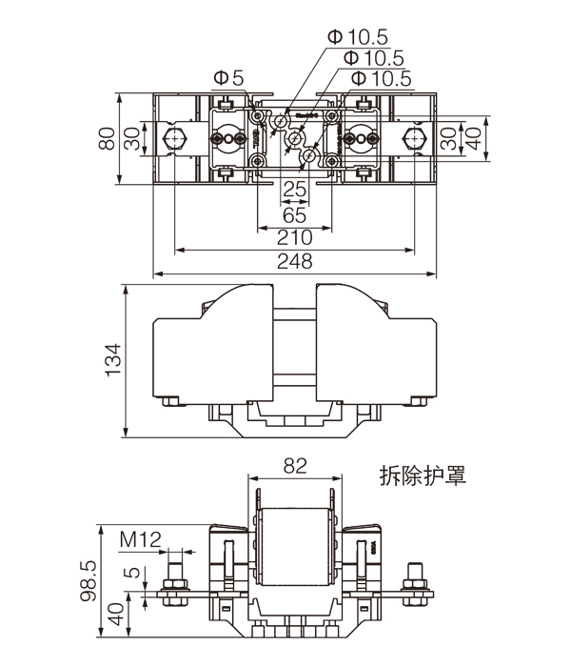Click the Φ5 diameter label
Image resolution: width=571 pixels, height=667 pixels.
(x=229, y=76)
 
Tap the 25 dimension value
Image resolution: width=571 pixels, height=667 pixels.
(x=295, y=191)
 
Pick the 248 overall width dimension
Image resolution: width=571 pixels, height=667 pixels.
(x=295, y=260)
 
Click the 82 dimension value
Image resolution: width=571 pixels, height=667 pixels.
(x=295, y=466)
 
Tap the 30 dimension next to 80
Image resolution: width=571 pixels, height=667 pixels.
(x=132, y=140)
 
